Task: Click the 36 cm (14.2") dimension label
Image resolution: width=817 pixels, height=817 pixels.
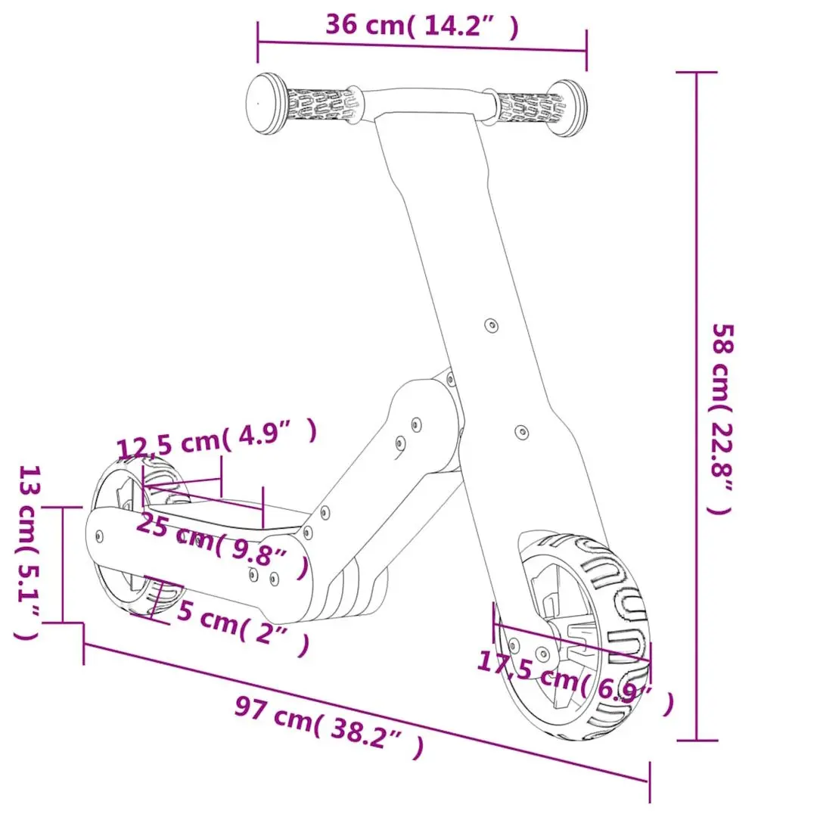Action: tap(422, 26)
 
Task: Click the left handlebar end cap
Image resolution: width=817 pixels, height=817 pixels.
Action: tap(264, 104)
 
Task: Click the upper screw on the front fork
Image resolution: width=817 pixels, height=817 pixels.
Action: tap(491, 325)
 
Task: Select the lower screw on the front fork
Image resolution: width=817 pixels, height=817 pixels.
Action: tap(521, 432)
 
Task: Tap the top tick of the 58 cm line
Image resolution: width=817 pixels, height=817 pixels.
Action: tap(696, 73)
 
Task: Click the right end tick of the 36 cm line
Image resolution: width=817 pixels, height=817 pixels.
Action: tap(586, 51)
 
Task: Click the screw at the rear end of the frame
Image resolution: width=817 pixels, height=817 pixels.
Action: tap(101, 533)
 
